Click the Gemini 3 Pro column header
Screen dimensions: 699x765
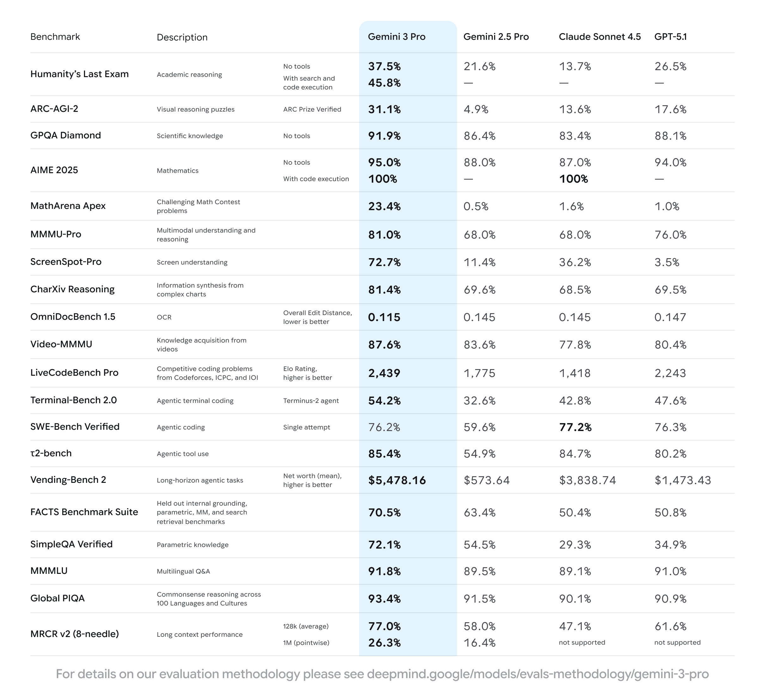(396, 37)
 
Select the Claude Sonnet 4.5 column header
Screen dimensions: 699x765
(600, 37)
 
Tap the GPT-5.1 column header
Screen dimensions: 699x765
(670, 37)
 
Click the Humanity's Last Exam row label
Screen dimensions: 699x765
(79, 74)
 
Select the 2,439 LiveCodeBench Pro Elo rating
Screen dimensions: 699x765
(384, 373)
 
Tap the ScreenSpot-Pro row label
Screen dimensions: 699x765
(66, 262)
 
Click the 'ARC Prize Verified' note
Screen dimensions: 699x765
(312, 109)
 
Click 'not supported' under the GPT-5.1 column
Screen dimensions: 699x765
(677, 642)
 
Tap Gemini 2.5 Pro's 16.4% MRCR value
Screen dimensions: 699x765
(480, 642)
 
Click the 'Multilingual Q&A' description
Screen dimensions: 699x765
(183, 571)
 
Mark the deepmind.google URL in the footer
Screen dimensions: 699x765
(537, 674)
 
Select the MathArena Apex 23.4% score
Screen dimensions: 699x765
(384, 206)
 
